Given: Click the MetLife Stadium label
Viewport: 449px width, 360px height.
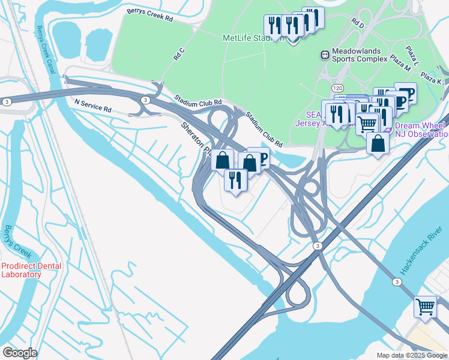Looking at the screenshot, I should click(x=247, y=37).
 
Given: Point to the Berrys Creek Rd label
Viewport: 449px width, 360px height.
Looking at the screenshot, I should click(x=149, y=15).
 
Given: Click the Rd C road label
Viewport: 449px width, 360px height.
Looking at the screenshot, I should click(x=179, y=54).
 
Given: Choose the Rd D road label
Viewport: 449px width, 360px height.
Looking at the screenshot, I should click(x=358, y=24).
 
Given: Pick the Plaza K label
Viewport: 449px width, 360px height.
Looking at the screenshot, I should click(x=431, y=77).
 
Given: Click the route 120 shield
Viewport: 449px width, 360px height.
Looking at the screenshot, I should click(x=338, y=88).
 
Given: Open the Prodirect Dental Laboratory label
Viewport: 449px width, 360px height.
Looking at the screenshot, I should click(x=21, y=270).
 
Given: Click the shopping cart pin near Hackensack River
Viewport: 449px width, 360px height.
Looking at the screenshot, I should click(x=426, y=307).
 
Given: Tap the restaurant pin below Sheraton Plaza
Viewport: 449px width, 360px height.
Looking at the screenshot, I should click(x=235, y=179).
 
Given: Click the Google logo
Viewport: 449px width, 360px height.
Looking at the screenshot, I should click(x=19, y=353).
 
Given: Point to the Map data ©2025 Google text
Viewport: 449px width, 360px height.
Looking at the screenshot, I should click(x=411, y=355).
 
